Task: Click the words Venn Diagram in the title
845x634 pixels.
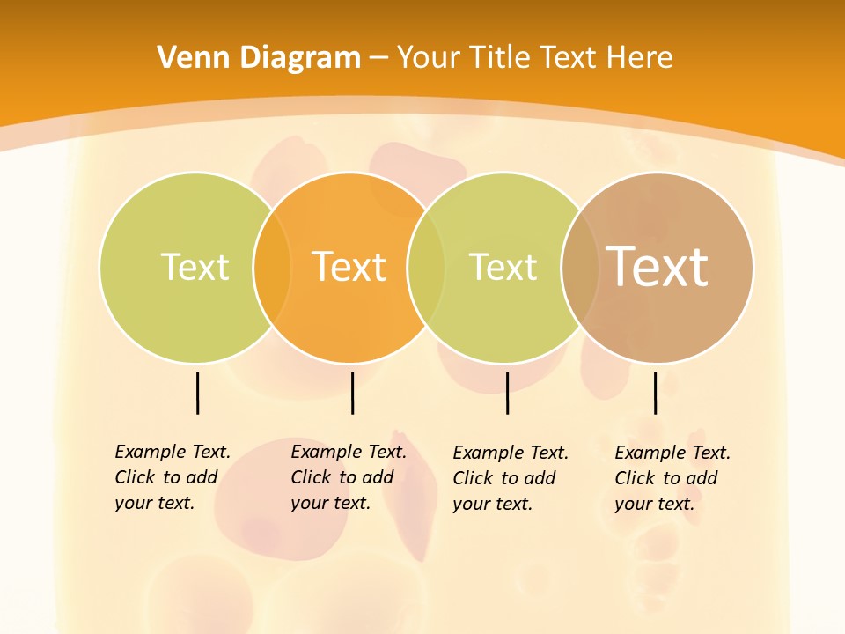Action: (x=259, y=58)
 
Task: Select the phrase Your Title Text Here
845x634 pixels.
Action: (x=534, y=58)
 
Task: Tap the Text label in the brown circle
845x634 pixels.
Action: (x=658, y=266)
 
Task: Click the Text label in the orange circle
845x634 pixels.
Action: (x=349, y=267)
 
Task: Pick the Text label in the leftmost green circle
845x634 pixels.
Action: (x=195, y=267)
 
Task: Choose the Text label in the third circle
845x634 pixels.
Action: (x=503, y=267)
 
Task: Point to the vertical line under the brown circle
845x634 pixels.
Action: (x=655, y=393)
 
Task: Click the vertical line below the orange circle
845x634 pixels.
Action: (x=352, y=393)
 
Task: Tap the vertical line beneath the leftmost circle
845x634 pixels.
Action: (x=197, y=393)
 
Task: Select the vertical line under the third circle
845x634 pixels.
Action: (x=507, y=393)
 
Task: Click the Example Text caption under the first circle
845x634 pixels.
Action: (x=173, y=477)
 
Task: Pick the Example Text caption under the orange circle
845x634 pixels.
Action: (x=349, y=477)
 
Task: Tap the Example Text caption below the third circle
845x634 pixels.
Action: (x=511, y=478)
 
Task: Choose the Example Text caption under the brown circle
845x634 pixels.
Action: (x=672, y=478)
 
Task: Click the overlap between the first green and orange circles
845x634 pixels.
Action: (x=272, y=267)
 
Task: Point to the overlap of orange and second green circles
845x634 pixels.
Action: (x=426, y=267)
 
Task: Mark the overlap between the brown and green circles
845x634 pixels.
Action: (x=580, y=267)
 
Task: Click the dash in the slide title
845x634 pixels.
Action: (x=378, y=58)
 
